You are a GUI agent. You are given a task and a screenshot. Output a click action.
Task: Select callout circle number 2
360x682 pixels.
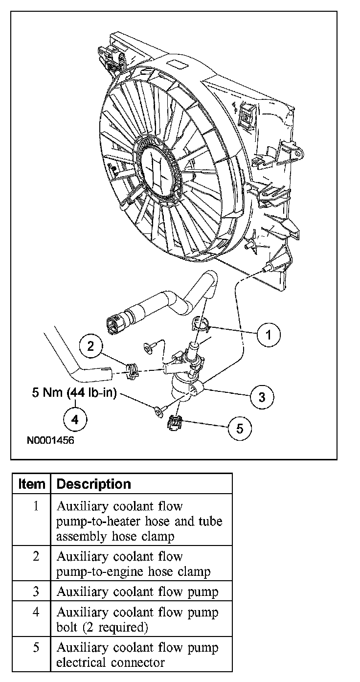(x=90, y=346)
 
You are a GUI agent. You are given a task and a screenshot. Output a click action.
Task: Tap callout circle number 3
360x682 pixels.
(x=262, y=396)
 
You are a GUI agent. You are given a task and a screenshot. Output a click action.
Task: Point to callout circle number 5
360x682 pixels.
(x=240, y=428)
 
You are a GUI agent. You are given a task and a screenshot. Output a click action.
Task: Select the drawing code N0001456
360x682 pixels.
(x=50, y=440)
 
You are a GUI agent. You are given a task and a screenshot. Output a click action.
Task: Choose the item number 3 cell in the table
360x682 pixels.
(x=36, y=591)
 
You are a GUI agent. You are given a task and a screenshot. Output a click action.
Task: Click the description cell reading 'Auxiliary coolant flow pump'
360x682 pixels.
(x=137, y=591)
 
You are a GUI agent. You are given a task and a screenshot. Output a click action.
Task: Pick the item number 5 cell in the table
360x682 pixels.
(x=36, y=648)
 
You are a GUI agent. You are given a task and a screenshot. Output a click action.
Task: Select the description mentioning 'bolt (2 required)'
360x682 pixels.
(x=137, y=619)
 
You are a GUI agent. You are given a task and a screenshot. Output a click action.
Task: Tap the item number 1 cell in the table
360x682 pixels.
(x=36, y=505)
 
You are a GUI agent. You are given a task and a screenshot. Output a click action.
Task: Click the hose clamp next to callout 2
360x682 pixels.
(x=132, y=370)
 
